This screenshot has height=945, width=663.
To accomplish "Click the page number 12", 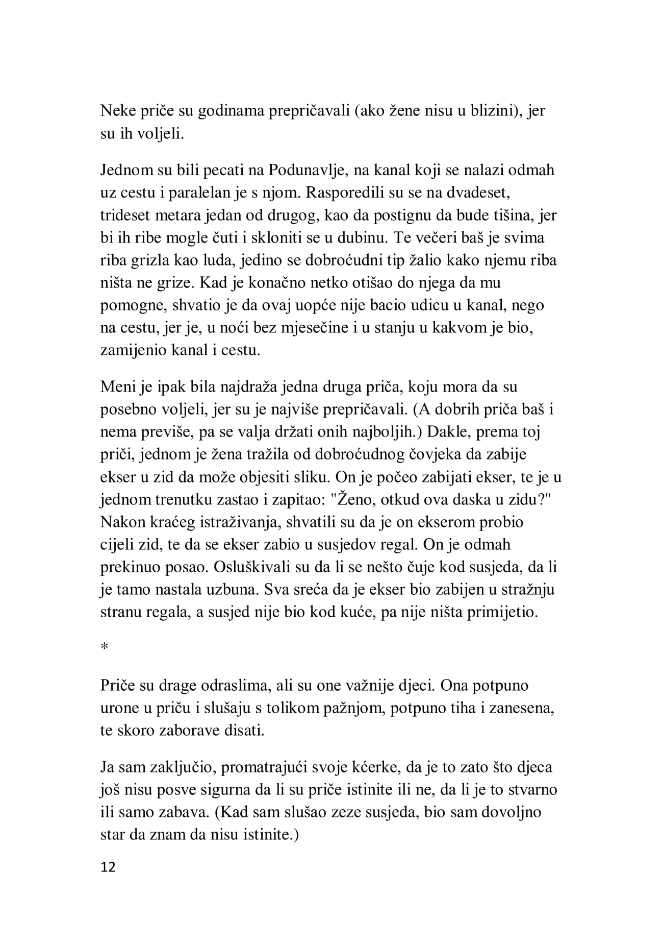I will click(x=108, y=867).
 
